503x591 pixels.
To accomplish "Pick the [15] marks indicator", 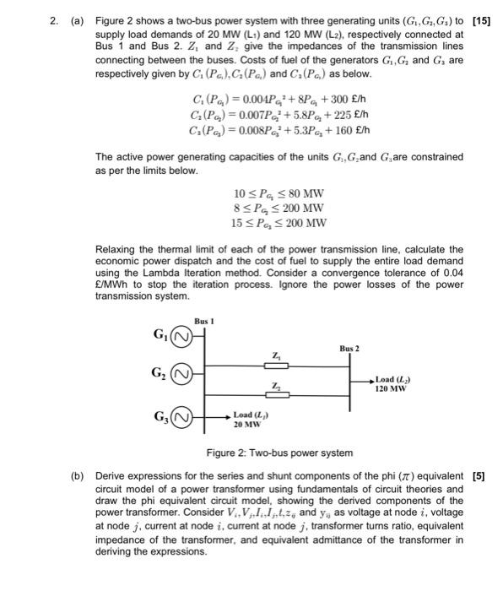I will click(x=482, y=19).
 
